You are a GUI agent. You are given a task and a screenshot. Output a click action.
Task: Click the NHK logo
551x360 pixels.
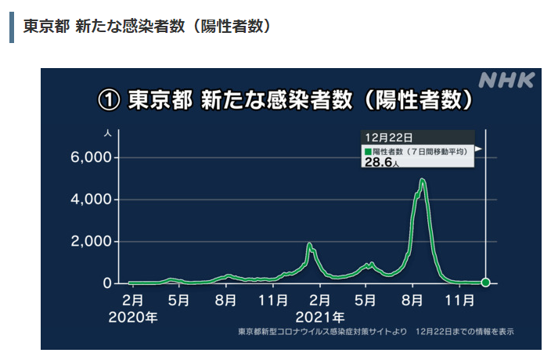pos(506,80)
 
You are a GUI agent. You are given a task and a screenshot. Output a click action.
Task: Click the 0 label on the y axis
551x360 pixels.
pos(107,283)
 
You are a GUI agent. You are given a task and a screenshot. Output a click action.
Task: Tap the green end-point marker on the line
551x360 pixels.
pos(485,283)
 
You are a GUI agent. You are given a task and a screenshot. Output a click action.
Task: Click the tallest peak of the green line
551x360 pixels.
pos(423,180)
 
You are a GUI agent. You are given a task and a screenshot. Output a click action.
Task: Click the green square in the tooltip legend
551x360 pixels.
pos(367,150)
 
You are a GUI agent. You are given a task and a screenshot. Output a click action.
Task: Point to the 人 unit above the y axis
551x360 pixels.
pos(106,134)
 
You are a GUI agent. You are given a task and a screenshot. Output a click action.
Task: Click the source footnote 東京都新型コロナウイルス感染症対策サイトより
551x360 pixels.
pos(322,332)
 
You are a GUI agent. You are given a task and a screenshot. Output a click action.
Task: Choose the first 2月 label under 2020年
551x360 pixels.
pos(132,300)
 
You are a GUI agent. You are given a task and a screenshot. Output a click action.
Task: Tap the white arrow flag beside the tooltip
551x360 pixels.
pos(479,147)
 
